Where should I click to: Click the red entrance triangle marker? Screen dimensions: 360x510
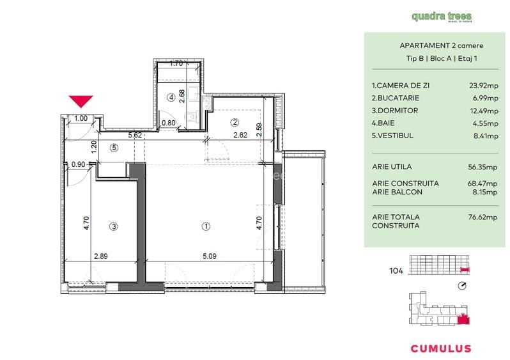(81, 101)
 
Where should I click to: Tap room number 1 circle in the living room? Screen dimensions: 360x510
(206, 226)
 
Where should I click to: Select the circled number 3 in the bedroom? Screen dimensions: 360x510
(113, 226)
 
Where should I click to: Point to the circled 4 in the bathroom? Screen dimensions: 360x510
(171, 98)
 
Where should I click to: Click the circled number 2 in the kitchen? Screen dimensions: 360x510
(235, 122)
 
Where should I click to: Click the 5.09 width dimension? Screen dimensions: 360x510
(209, 256)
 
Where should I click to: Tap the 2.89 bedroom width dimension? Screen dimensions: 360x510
(100, 256)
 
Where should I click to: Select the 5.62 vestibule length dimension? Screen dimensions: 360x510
(134, 136)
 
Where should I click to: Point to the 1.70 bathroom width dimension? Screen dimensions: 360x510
(177, 63)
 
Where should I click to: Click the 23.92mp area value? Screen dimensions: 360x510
(483, 85)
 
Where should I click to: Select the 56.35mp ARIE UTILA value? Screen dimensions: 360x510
(483, 168)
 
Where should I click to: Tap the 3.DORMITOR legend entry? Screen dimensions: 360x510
(396, 111)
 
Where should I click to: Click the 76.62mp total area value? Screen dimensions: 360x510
(483, 217)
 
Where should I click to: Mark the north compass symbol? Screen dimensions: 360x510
(463, 286)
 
